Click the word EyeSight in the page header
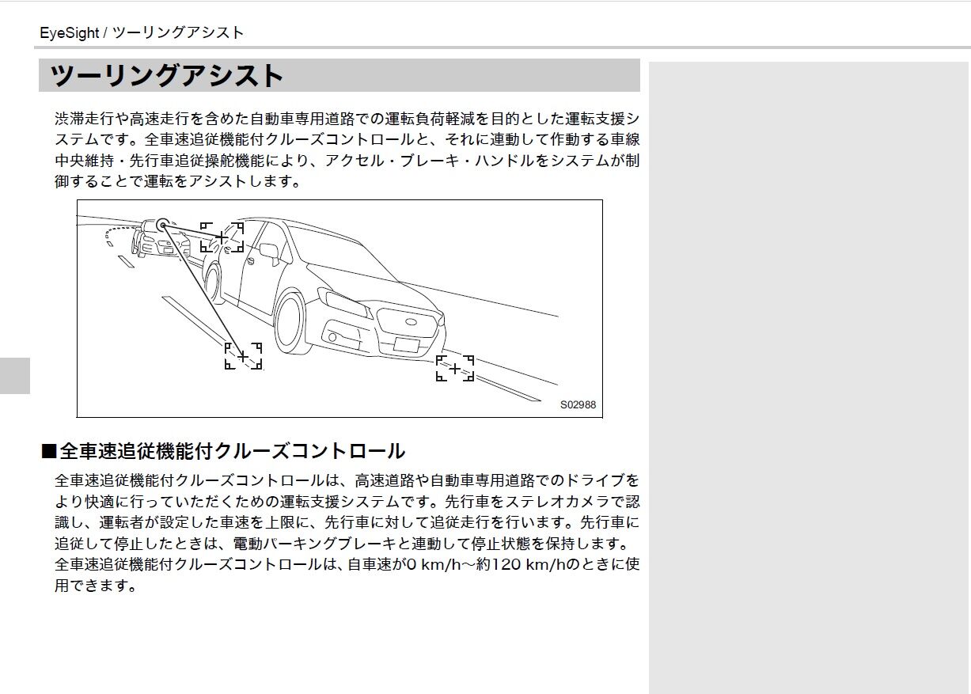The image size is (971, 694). click(x=70, y=33)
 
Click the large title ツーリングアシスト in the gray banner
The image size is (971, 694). click(x=167, y=76)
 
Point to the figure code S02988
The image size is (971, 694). click(x=578, y=404)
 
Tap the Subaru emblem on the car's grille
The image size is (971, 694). click(x=411, y=322)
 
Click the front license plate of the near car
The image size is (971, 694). click(x=406, y=345)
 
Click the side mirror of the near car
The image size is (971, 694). click(x=270, y=253)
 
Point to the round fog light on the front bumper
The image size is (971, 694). click(x=332, y=337)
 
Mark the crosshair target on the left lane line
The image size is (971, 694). click(x=243, y=356)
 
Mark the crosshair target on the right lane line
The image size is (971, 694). click(x=455, y=369)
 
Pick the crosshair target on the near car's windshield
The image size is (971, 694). click(x=222, y=237)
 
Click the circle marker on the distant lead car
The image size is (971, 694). click(x=162, y=225)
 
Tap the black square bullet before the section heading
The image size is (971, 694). click(x=49, y=451)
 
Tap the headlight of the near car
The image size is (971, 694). click(x=344, y=302)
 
